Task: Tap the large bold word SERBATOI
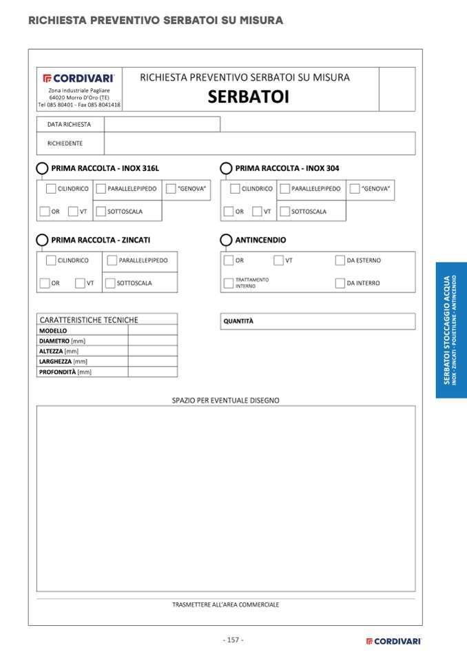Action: [x=249, y=97]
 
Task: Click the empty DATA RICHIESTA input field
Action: [x=162, y=124]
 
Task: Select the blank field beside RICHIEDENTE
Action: [x=259, y=143]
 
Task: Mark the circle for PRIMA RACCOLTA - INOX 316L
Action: [x=42, y=168]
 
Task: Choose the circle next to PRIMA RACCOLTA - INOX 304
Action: [x=226, y=168]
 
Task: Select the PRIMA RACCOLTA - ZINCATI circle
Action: [x=42, y=240]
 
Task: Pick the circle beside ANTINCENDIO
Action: [x=226, y=240]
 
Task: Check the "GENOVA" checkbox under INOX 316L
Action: [x=171, y=189]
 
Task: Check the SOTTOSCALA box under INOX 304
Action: [x=284, y=212]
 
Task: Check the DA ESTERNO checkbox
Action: [x=340, y=261]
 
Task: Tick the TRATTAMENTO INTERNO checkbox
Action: [x=228, y=283]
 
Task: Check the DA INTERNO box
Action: [x=340, y=283]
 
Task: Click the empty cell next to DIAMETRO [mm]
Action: [x=152, y=340]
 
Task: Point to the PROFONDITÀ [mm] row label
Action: [x=65, y=372]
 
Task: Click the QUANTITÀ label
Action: [x=238, y=321]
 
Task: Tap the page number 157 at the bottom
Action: [x=233, y=640]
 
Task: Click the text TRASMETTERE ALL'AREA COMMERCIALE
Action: [x=225, y=604]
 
